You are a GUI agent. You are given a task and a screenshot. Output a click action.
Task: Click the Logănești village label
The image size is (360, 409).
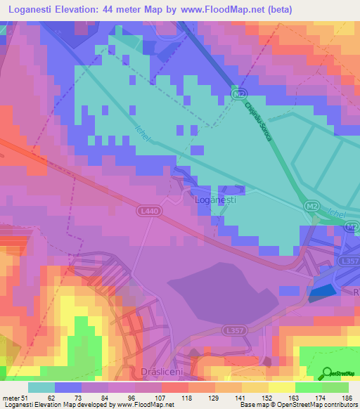click(x=214, y=200)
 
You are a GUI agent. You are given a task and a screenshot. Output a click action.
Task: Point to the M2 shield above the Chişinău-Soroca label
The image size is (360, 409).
click(x=240, y=93)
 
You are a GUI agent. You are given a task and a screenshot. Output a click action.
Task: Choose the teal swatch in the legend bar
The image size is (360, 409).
click(x=41, y=387)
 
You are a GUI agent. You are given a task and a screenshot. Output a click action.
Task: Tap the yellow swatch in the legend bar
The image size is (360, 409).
click(x=282, y=387)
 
